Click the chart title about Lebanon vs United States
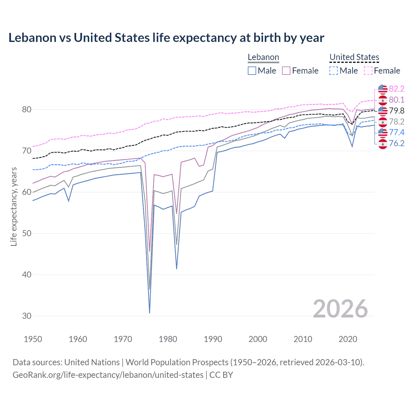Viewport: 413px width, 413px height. (166, 38)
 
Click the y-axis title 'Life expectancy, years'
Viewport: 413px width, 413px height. (14, 206)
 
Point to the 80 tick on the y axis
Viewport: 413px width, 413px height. (27, 110)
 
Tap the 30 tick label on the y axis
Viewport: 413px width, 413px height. (27, 316)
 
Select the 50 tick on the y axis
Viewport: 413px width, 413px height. (27, 234)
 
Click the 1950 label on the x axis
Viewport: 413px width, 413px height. (33, 339)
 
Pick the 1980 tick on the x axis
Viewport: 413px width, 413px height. (168, 339)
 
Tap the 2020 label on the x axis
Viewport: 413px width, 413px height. (348, 339)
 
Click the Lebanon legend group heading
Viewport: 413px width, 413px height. (263, 57)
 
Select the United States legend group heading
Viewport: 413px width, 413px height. (354, 57)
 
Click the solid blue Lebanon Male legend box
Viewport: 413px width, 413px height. (252, 71)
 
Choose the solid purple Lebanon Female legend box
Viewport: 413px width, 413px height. (286, 71)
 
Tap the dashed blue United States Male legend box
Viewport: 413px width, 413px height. (334, 71)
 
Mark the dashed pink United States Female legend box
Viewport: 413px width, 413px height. (368, 71)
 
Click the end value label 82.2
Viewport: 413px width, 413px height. (397, 89)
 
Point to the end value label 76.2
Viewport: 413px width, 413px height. (397, 143)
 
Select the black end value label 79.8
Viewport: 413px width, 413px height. (397, 111)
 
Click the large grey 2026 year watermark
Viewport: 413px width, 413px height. (340, 309)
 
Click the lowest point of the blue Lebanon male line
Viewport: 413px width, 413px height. (150, 313)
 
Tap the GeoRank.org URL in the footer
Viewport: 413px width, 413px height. (108, 375)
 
